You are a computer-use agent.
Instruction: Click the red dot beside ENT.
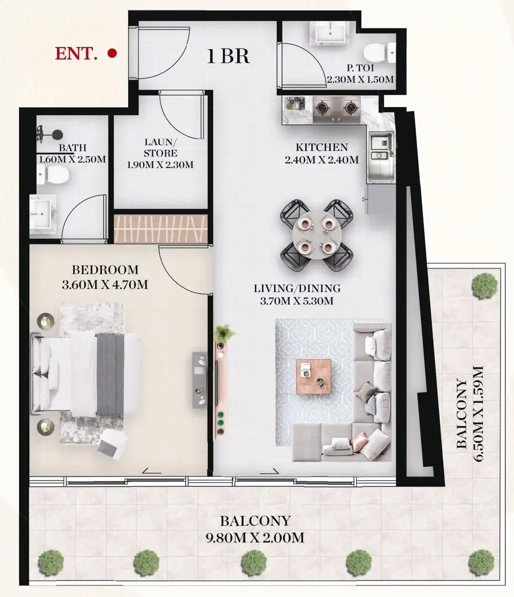(113, 52)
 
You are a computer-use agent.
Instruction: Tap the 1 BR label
(228, 56)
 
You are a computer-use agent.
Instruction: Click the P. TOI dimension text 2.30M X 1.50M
(360, 80)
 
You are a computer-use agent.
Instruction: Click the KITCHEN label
(321, 147)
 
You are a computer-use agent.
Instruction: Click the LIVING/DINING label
(297, 288)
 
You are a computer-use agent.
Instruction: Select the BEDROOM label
(105, 270)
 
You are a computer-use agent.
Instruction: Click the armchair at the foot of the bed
(111, 444)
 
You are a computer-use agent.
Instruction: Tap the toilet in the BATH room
(53, 175)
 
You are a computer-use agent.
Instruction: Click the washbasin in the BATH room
(43, 212)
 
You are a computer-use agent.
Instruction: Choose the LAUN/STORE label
(160, 147)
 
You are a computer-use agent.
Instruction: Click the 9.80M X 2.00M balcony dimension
(255, 538)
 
